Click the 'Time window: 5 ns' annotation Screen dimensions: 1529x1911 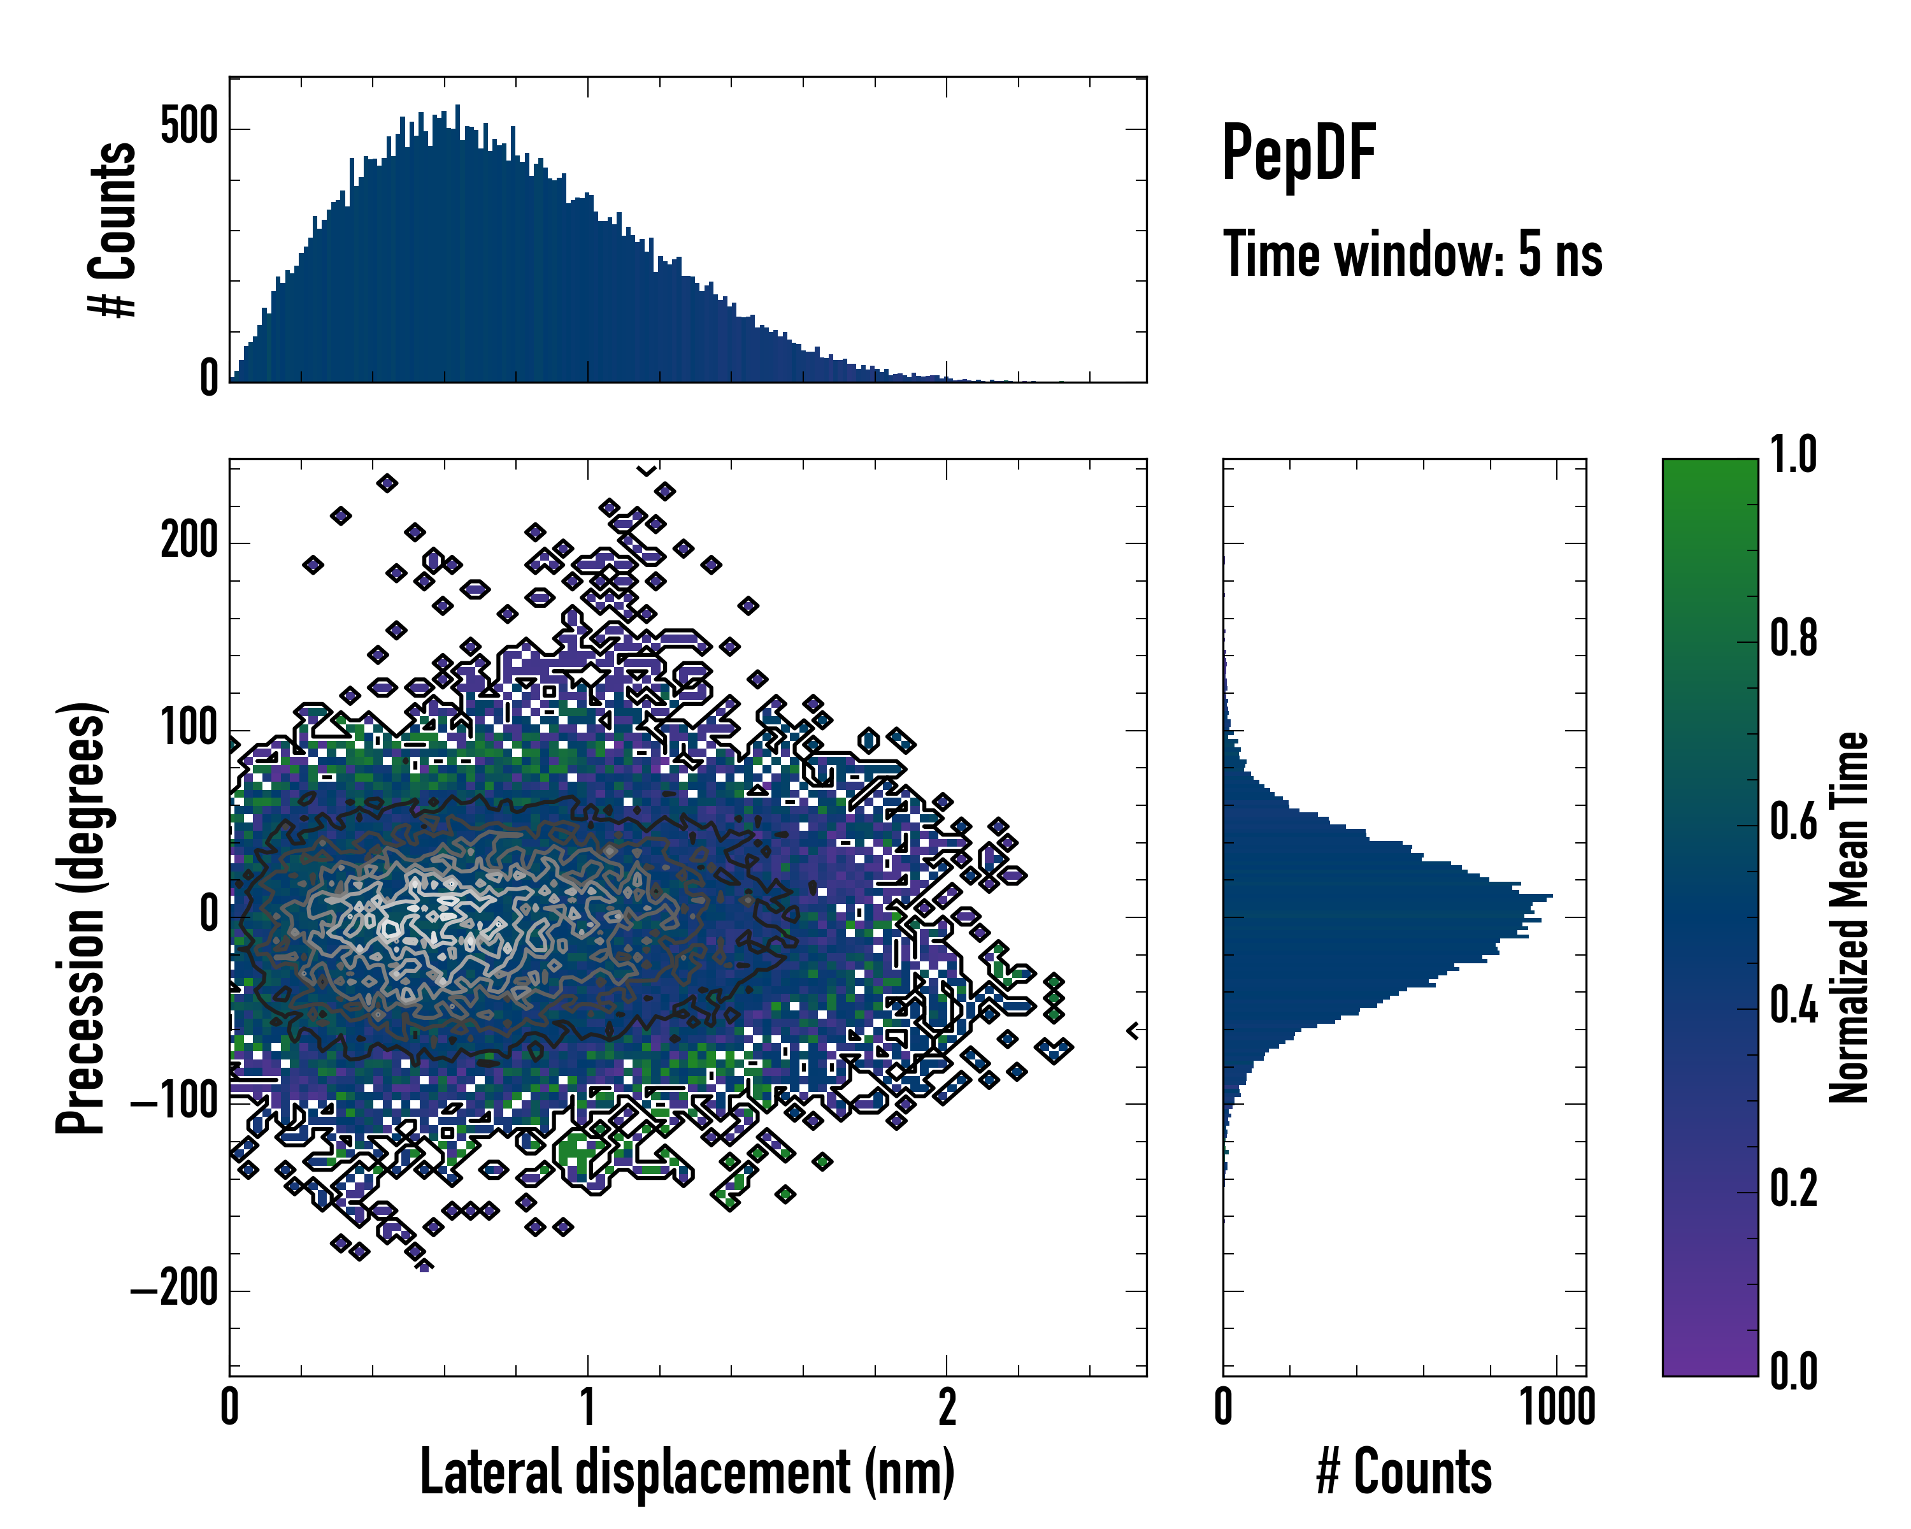pos(1412,254)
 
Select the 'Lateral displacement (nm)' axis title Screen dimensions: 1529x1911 pos(687,1472)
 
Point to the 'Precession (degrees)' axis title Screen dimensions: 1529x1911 pos(82,917)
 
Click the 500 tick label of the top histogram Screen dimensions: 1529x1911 pos(189,127)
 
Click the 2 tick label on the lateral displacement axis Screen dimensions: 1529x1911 pos(947,1407)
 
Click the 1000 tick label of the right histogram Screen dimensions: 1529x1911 pos(1557,1407)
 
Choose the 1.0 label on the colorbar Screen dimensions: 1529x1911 pos(1793,455)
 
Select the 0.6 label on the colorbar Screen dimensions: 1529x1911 pos(1793,822)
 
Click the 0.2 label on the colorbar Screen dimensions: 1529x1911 pos(1793,1189)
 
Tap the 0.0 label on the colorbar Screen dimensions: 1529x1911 pos(1793,1372)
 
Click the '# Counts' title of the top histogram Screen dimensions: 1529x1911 pos(113,229)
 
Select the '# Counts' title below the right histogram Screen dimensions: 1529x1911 pos(1404,1472)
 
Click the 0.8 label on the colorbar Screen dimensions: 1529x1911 pos(1793,638)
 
